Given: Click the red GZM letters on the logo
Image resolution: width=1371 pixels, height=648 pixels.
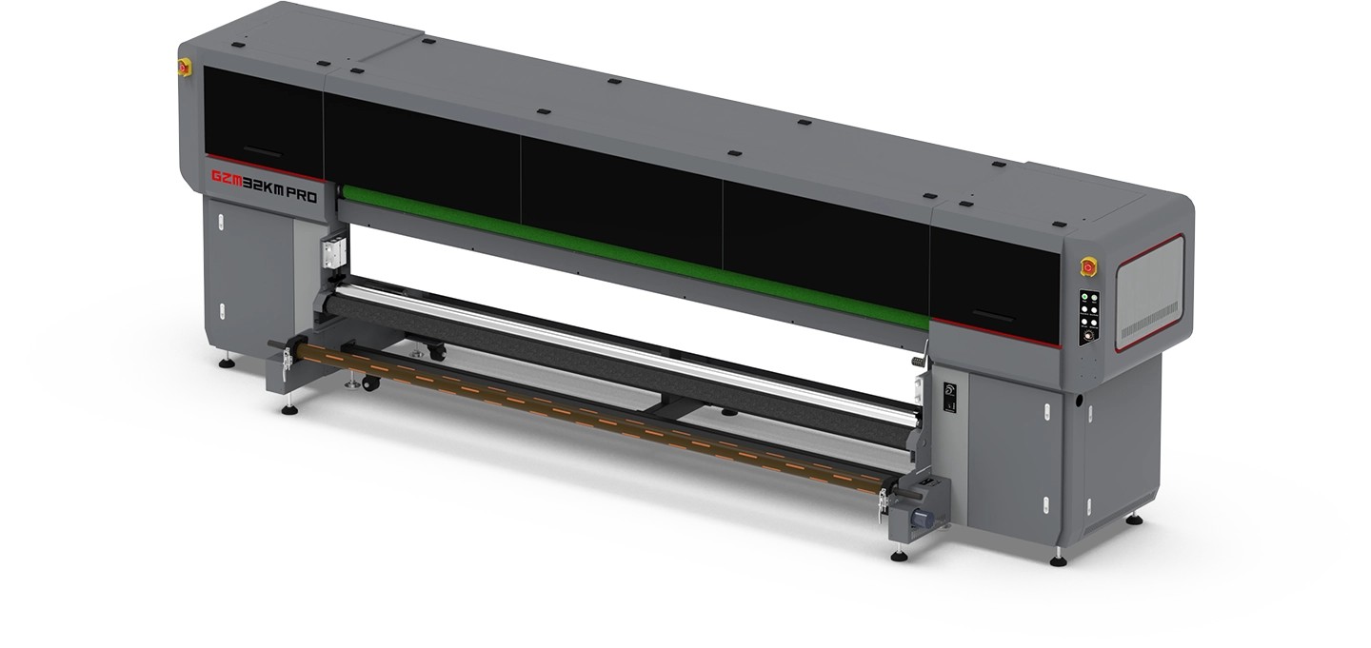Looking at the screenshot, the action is [x=227, y=176].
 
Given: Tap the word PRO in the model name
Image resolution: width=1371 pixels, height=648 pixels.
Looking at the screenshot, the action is [x=303, y=196].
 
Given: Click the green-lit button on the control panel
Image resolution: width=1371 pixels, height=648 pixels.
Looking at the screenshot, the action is [x=1083, y=298].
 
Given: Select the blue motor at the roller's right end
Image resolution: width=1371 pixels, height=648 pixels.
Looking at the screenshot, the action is [x=922, y=519].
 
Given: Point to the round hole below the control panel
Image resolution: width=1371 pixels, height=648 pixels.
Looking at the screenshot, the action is [x=1079, y=401].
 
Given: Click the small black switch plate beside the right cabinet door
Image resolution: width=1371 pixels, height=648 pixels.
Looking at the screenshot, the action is [x=949, y=397].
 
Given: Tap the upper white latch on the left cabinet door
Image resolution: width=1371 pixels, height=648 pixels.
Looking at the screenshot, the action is [x=221, y=224].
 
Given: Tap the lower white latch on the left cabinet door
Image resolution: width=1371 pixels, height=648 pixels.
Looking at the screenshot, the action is [x=222, y=310].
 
